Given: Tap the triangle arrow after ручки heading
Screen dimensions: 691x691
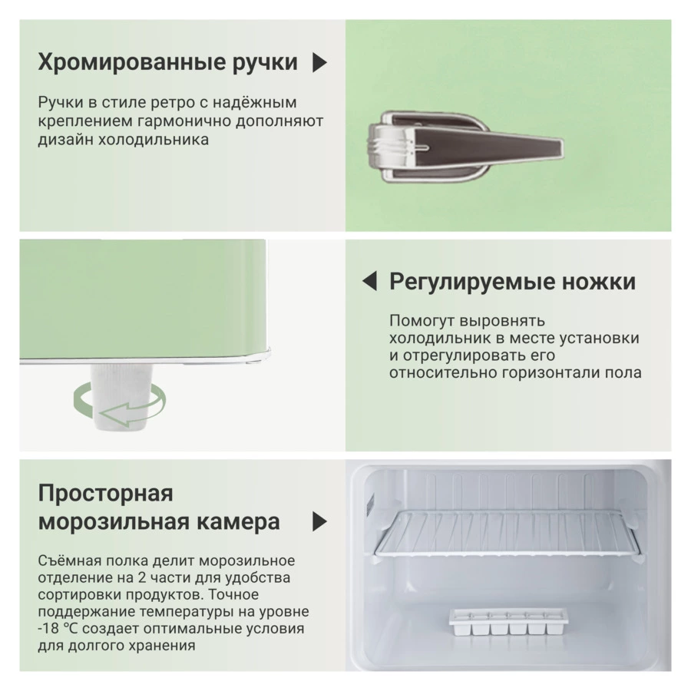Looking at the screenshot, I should [x=320, y=63].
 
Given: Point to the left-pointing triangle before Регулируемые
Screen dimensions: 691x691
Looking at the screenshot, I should [x=369, y=282].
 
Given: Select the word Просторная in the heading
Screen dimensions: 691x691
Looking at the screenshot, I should [x=105, y=493].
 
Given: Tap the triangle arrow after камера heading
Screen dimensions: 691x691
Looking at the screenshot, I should [x=320, y=522].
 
